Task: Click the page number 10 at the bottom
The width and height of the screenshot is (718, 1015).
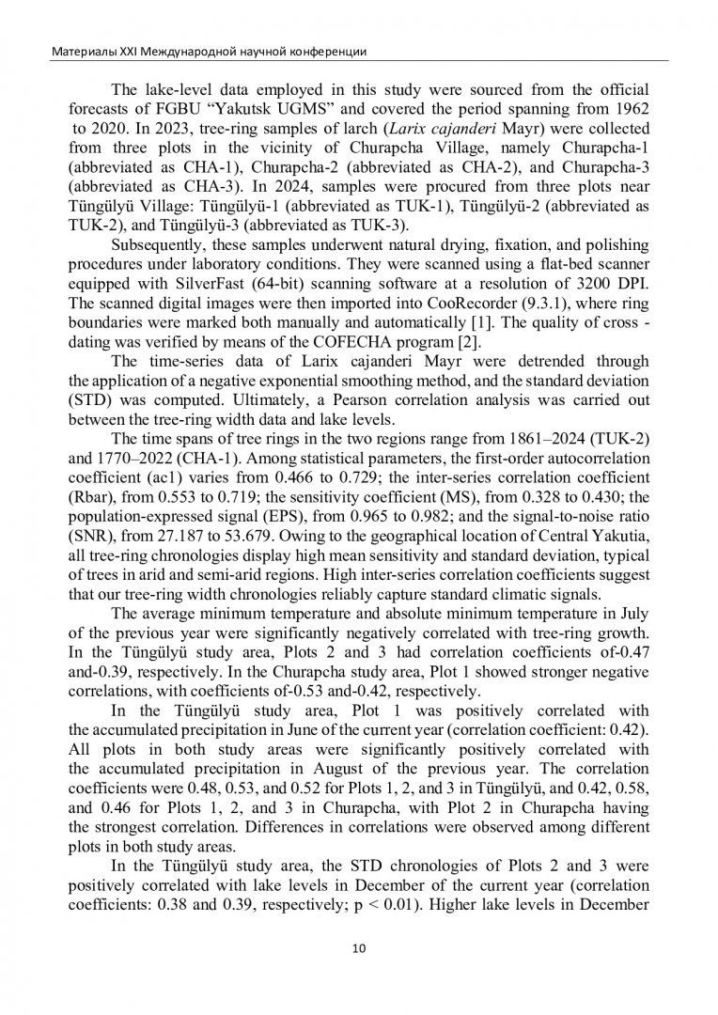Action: [358, 947]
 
